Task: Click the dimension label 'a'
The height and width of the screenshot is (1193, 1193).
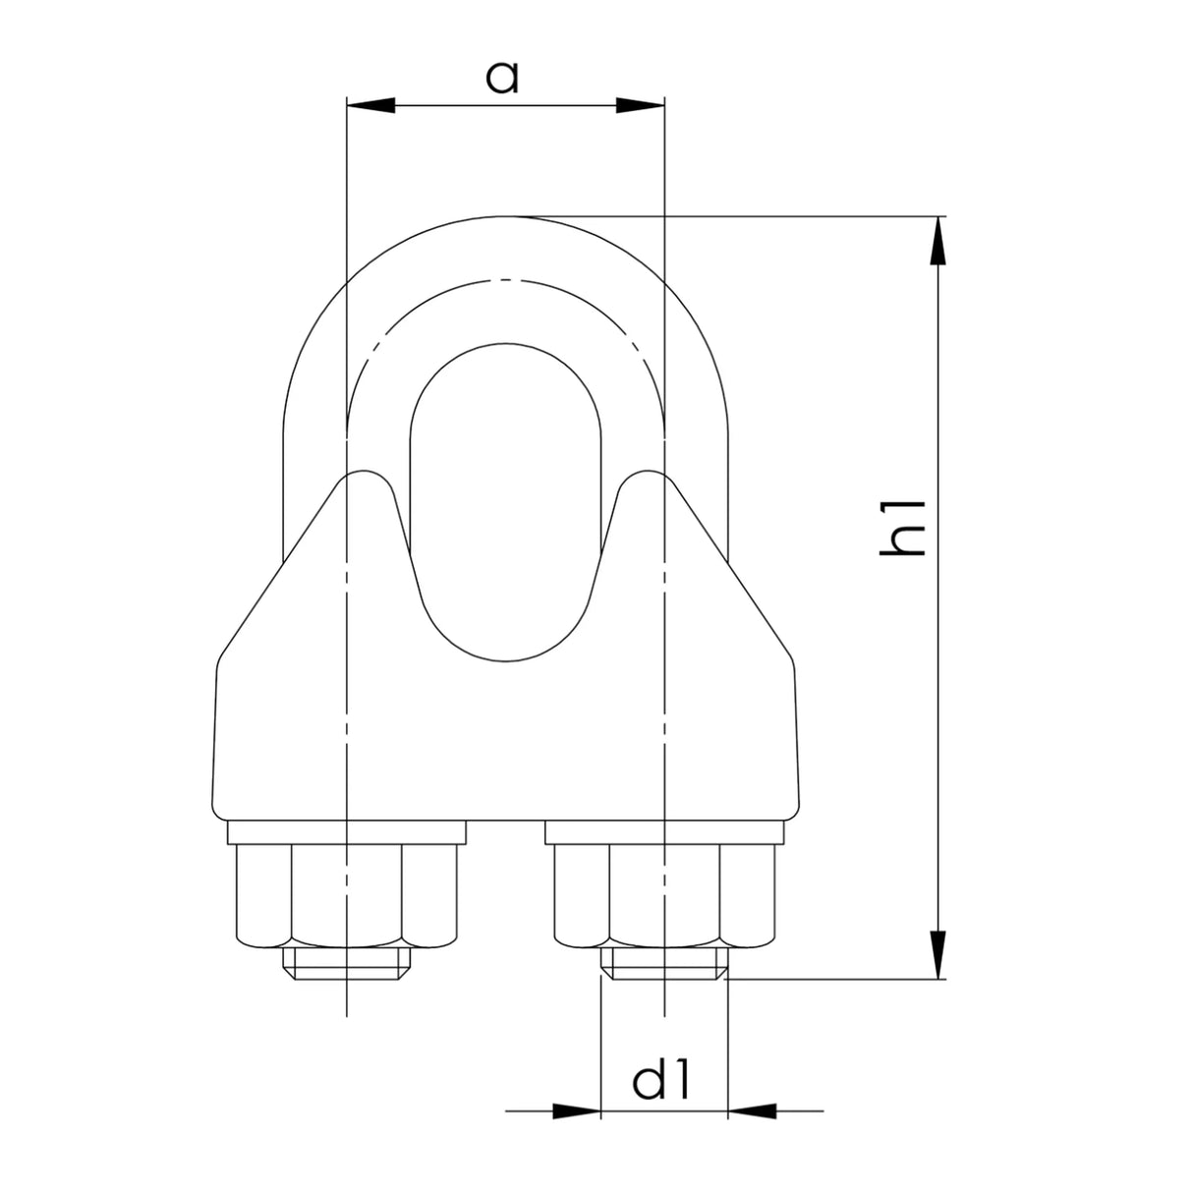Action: point(501,79)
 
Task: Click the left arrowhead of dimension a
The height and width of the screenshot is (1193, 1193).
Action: point(370,105)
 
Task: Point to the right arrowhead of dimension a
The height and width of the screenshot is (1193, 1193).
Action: point(640,105)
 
